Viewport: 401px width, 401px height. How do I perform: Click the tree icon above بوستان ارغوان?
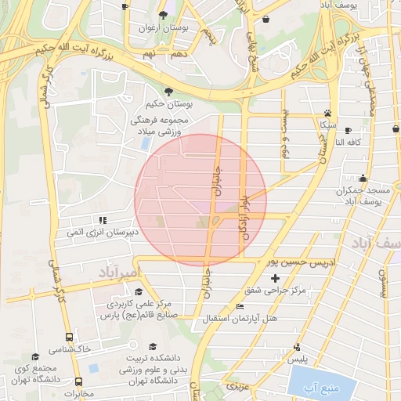pyautogui.click(x=163, y=15)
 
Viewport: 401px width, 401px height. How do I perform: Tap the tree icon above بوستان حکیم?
pyautogui.click(x=170, y=91)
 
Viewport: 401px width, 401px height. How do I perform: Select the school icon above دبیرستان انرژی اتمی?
pyautogui.click(x=101, y=220)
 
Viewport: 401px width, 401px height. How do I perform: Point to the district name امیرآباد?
pyautogui.click(x=119, y=272)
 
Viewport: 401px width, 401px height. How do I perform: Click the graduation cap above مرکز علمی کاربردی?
pyautogui.click(x=139, y=291)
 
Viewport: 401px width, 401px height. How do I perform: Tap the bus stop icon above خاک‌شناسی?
pyautogui.click(x=70, y=336)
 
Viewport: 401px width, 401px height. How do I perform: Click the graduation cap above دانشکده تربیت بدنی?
pyautogui.click(x=154, y=345)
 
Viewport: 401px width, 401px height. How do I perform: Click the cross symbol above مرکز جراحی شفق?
pyautogui.click(x=275, y=278)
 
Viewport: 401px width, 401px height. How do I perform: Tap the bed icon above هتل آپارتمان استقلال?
pyautogui.click(x=240, y=306)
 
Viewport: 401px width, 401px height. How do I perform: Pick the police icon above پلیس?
pyautogui.click(x=296, y=348)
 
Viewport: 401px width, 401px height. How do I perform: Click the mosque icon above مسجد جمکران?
pyautogui.click(x=362, y=179)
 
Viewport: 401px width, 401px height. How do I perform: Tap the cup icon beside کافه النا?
pyautogui.click(x=348, y=130)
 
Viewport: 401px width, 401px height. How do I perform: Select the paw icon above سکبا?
pyautogui.click(x=327, y=113)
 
